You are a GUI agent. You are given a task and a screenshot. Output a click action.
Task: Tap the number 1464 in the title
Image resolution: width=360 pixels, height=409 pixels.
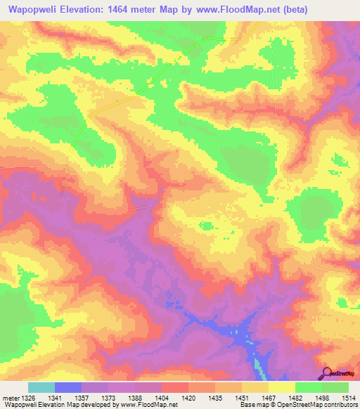point(127,8)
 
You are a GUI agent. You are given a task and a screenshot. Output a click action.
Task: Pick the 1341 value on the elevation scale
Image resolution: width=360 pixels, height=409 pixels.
point(69,397)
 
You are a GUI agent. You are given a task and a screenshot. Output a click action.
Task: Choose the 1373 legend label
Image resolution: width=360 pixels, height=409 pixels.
point(122,397)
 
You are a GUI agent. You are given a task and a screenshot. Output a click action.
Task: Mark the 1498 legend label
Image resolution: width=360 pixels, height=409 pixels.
point(323,397)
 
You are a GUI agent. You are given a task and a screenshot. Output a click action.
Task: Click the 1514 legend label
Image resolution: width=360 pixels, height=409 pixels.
point(347,397)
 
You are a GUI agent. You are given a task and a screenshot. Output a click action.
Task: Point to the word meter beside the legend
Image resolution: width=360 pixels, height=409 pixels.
point(10,397)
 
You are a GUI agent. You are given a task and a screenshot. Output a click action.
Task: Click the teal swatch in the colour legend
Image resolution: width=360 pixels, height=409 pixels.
point(41,387)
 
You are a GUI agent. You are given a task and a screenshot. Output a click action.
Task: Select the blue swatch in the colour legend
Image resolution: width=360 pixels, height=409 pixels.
point(68,387)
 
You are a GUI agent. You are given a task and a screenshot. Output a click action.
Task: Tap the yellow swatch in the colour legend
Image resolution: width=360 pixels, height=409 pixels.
point(282,387)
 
